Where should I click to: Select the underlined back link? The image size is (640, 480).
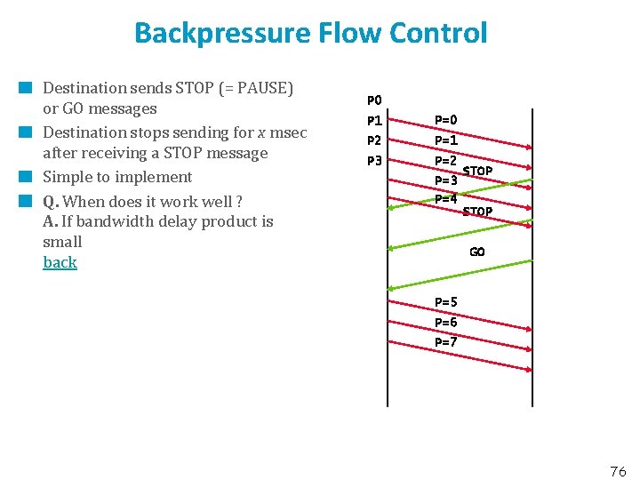tap(60, 262)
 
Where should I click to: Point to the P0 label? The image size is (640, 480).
tap(374, 100)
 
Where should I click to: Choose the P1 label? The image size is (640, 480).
tap(374, 120)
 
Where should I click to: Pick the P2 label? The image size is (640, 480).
tap(374, 140)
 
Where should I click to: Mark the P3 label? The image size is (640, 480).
tap(374, 161)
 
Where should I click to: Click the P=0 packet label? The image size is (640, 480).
tap(446, 120)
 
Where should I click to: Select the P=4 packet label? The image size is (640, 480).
tap(446, 198)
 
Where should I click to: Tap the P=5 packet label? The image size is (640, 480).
tap(446, 302)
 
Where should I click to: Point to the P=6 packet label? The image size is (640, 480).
tap(446, 322)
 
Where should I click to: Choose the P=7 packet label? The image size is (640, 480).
tap(446, 341)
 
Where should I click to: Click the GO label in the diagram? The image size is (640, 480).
tap(477, 252)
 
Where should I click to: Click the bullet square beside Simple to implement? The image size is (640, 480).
tap(27, 176)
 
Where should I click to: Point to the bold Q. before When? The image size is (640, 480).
tap(51, 201)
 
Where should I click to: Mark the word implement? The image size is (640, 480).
tap(157, 177)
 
